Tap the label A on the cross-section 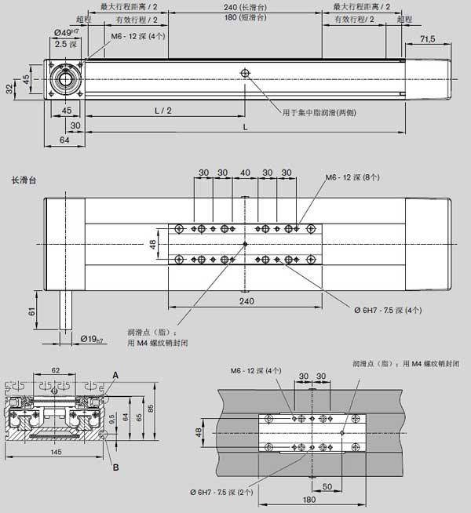click(x=115, y=376)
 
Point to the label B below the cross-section click(x=115, y=468)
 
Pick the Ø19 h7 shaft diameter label click(x=93, y=339)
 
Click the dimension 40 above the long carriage click(x=246, y=173)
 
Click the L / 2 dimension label click(x=163, y=111)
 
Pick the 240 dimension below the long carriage click(x=246, y=300)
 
